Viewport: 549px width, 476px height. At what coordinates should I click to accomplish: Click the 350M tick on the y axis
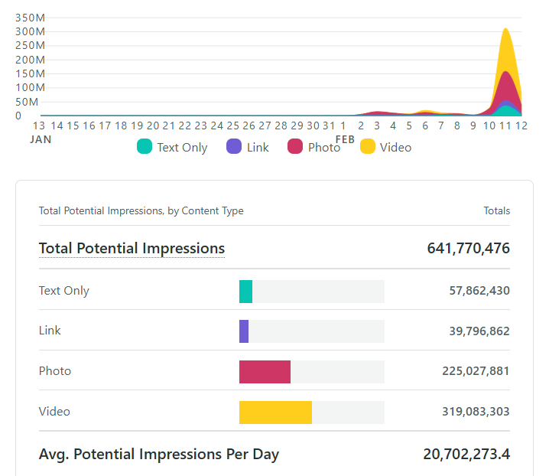click(x=30, y=18)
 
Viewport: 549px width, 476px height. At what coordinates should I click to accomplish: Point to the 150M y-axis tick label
click(x=30, y=73)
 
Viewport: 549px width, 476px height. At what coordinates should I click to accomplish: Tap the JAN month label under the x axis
click(x=41, y=139)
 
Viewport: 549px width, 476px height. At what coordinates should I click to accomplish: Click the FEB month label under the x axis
click(x=345, y=139)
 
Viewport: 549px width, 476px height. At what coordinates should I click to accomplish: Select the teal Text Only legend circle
click(x=145, y=147)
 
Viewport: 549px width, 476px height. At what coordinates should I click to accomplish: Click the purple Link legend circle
click(x=235, y=147)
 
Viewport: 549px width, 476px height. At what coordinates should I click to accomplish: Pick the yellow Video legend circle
click(x=368, y=147)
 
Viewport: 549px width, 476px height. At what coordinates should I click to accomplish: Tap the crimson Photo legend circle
click(x=295, y=147)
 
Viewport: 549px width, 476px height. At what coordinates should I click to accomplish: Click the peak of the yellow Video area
click(x=505, y=30)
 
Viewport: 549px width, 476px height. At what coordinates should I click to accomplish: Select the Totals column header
click(x=496, y=210)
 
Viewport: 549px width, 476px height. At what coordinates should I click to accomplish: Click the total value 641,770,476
click(x=468, y=248)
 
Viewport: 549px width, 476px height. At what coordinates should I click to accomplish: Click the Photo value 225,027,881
click(x=476, y=371)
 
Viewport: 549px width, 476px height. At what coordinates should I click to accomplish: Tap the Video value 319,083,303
click(x=476, y=411)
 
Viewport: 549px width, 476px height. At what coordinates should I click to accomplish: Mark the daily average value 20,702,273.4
click(x=466, y=454)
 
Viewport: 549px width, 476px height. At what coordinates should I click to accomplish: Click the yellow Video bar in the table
click(x=275, y=412)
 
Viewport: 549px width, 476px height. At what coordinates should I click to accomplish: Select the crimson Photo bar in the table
click(x=265, y=372)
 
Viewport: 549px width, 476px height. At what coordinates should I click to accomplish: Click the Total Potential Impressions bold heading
click(x=132, y=248)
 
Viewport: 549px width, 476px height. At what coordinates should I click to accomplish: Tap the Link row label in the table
click(x=50, y=331)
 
